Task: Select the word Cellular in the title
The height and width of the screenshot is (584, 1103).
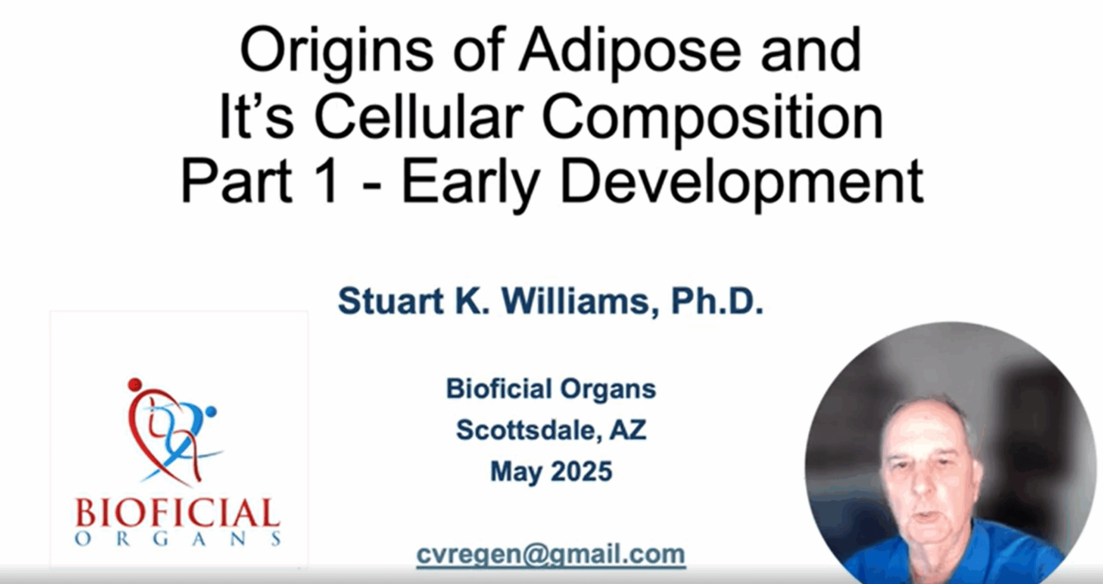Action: click(420, 117)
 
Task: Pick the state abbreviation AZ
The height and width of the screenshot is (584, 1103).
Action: click(628, 430)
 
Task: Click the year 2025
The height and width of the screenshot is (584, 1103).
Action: click(581, 471)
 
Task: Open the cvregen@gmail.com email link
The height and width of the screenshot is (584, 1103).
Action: click(551, 555)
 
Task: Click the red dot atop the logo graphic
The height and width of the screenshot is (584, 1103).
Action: click(135, 384)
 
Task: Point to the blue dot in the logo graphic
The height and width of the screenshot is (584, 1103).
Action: click(211, 411)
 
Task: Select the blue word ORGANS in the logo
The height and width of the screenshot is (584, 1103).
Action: click(178, 539)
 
